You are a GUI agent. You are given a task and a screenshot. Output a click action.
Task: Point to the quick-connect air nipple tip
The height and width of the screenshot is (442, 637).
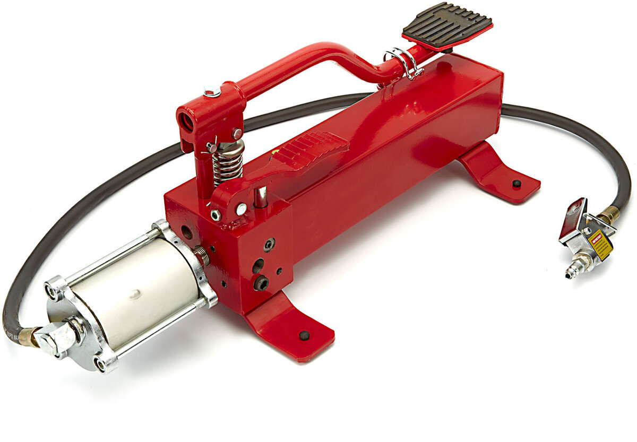(x=571, y=274)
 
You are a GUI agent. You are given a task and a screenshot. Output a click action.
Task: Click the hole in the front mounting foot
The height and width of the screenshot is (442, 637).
(x=304, y=335)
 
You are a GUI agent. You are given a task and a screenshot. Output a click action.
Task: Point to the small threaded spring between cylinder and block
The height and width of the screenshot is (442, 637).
(x=202, y=256)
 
